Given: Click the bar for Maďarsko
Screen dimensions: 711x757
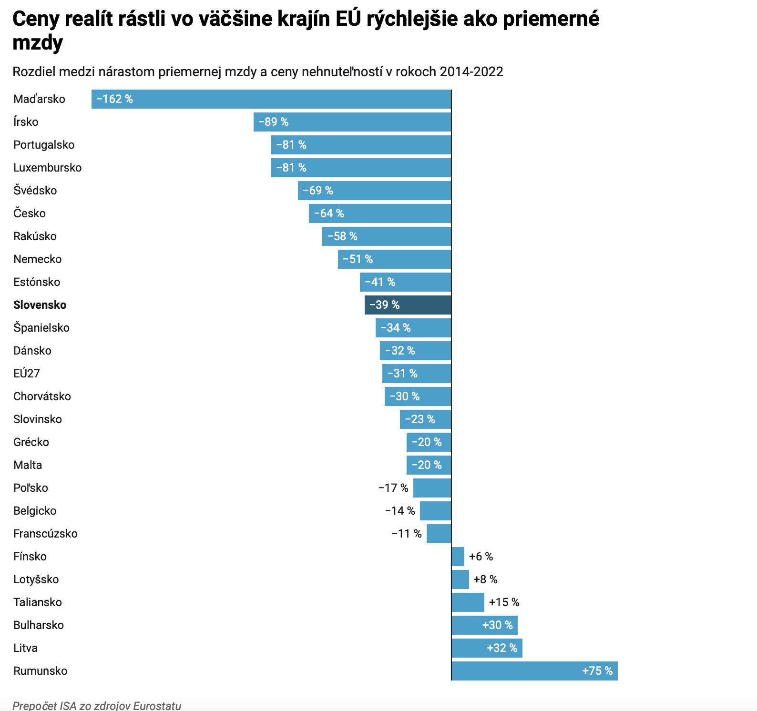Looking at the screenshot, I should click(x=271, y=99).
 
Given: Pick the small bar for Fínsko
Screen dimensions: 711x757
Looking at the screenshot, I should click(x=458, y=557).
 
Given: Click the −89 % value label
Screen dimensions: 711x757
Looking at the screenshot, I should click(x=274, y=122).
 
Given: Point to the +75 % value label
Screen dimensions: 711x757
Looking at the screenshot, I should click(x=597, y=671).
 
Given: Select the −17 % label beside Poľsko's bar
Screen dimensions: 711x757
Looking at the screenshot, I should click(x=393, y=488).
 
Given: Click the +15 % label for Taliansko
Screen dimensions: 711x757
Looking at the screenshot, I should click(x=504, y=602).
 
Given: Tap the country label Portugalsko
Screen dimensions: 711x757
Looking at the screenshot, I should click(x=44, y=145).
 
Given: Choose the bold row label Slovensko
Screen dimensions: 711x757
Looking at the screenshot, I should click(x=40, y=305).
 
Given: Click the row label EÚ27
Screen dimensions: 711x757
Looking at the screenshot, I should click(x=27, y=374).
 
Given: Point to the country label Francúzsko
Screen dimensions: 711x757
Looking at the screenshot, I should click(x=45, y=534).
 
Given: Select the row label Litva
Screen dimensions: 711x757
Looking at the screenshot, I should click(x=25, y=648).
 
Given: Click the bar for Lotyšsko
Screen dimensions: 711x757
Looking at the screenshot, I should click(x=460, y=579).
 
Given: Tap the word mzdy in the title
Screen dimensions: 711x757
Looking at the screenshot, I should click(x=38, y=43).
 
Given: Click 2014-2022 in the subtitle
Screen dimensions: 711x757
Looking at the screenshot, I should click(x=471, y=71).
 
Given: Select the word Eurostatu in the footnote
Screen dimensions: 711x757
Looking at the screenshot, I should click(x=157, y=706).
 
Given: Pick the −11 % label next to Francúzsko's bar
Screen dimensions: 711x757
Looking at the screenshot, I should click(x=407, y=534).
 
